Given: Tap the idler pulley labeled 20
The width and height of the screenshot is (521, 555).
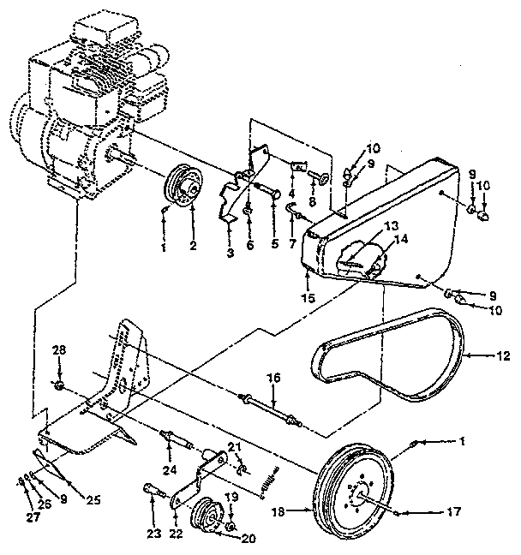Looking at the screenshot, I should click(x=208, y=515).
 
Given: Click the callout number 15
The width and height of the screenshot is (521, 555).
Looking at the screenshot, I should click(x=308, y=297).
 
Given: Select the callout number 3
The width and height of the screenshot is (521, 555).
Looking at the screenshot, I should click(x=230, y=254).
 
